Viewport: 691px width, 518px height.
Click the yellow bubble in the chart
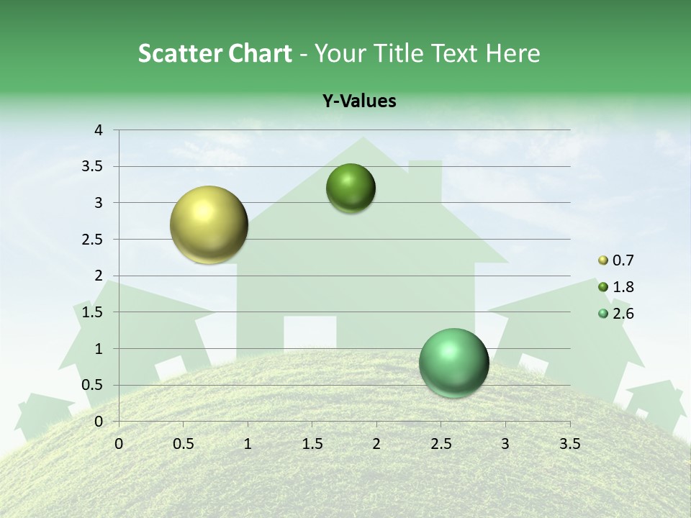click(209, 224)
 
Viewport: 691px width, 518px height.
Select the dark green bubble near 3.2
click(351, 188)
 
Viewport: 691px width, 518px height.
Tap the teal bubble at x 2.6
click(453, 363)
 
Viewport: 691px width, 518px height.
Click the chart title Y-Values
click(358, 101)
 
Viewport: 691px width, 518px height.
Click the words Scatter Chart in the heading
click(214, 53)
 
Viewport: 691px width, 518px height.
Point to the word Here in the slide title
click(512, 53)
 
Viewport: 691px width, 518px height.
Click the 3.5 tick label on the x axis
click(569, 444)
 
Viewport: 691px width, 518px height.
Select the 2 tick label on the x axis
click(376, 444)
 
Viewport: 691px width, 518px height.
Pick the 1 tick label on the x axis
click(248, 444)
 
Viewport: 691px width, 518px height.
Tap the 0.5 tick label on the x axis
click(183, 444)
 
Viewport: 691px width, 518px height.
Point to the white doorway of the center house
click(310, 332)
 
